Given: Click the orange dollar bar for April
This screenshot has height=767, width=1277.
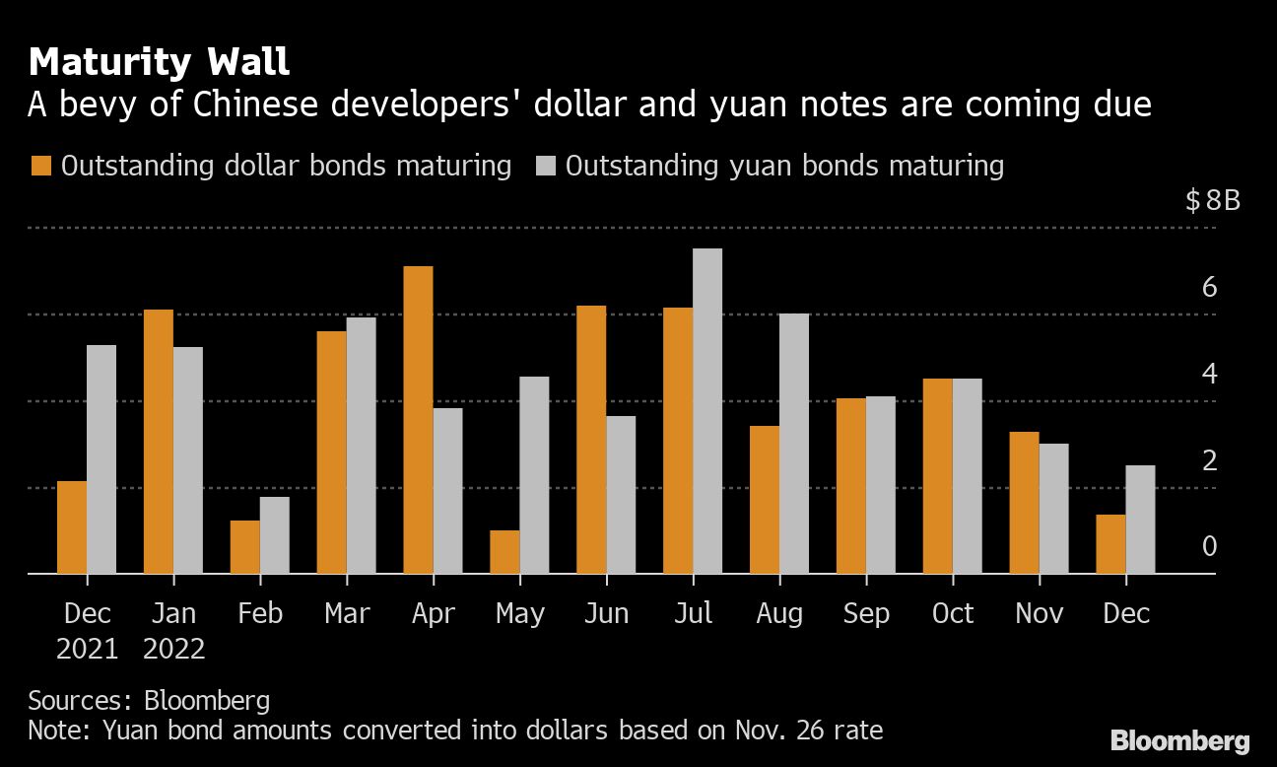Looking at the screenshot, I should pyautogui.click(x=418, y=420).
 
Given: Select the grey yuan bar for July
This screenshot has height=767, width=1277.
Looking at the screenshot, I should pyautogui.click(x=707, y=411).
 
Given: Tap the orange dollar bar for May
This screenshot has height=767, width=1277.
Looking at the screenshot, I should pyautogui.click(x=504, y=552).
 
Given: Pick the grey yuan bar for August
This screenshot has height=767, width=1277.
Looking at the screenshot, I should pyautogui.click(x=794, y=444).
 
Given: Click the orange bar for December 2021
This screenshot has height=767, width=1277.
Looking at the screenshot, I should pyautogui.click(x=72, y=527).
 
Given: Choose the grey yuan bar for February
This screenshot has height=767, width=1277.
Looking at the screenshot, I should pyautogui.click(x=275, y=535).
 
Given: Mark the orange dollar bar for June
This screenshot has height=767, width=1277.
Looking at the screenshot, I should pyautogui.click(x=591, y=440).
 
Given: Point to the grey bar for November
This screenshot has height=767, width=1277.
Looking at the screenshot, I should pyautogui.click(x=1053, y=509).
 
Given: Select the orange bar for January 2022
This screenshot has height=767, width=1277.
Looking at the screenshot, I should pyautogui.click(x=159, y=442).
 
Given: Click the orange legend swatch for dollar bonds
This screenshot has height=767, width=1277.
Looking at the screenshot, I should pyautogui.click(x=41, y=166).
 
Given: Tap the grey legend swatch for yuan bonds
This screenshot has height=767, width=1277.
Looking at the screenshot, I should pyautogui.click(x=546, y=166).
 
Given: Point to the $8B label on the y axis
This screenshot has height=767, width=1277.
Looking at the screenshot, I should pyautogui.click(x=1213, y=202).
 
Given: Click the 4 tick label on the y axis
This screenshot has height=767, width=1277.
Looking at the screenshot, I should pyautogui.click(x=1210, y=375).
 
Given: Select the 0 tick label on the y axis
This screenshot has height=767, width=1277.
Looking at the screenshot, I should pyautogui.click(x=1210, y=547).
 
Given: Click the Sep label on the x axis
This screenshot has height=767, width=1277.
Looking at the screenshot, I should pyautogui.click(x=866, y=613).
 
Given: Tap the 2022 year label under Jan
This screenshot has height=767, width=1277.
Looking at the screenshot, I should pyautogui.click(x=173, y=650).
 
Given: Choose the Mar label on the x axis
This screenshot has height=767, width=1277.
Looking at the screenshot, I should pyautogui.click(x=347, y=613).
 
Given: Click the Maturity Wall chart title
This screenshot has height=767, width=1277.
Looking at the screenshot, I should pyautogui.click(x=159, y=63).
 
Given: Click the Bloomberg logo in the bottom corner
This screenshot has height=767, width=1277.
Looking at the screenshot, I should pyautogui.click(x=1180, y=741).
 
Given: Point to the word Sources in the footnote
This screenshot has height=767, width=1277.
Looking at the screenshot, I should pyautogui.click(x=75, y=701).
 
